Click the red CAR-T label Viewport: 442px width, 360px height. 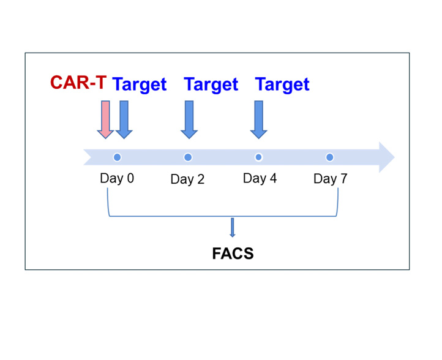coord(78,82)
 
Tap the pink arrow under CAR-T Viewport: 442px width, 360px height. coord(105,119)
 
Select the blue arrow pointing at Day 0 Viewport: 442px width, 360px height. coord(124,119)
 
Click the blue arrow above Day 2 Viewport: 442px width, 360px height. coord(189,119)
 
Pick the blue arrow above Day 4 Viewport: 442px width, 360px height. coord(259,119)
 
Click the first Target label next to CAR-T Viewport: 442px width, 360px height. coord(140,84)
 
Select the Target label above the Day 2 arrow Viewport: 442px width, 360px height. coord(211,84)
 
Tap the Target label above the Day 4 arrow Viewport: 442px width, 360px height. coord(282,84)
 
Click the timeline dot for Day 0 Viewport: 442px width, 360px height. coord(118,157)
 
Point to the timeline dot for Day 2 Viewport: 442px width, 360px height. coord(188,157)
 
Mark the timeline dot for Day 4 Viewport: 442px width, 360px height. coord(258,157)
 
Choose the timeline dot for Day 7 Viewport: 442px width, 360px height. coord(329,157)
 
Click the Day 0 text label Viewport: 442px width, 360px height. coord(117,178)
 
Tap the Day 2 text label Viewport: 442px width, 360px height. coord(187,179)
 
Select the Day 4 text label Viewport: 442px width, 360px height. coord(260,178)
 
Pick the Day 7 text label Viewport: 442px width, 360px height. coord(331,179)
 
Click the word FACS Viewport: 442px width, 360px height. coord(233,253)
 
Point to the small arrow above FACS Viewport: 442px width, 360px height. coord(232,228)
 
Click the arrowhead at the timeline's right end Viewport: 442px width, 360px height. coord(387,157)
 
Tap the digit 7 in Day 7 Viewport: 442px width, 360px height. coord(344,178)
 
